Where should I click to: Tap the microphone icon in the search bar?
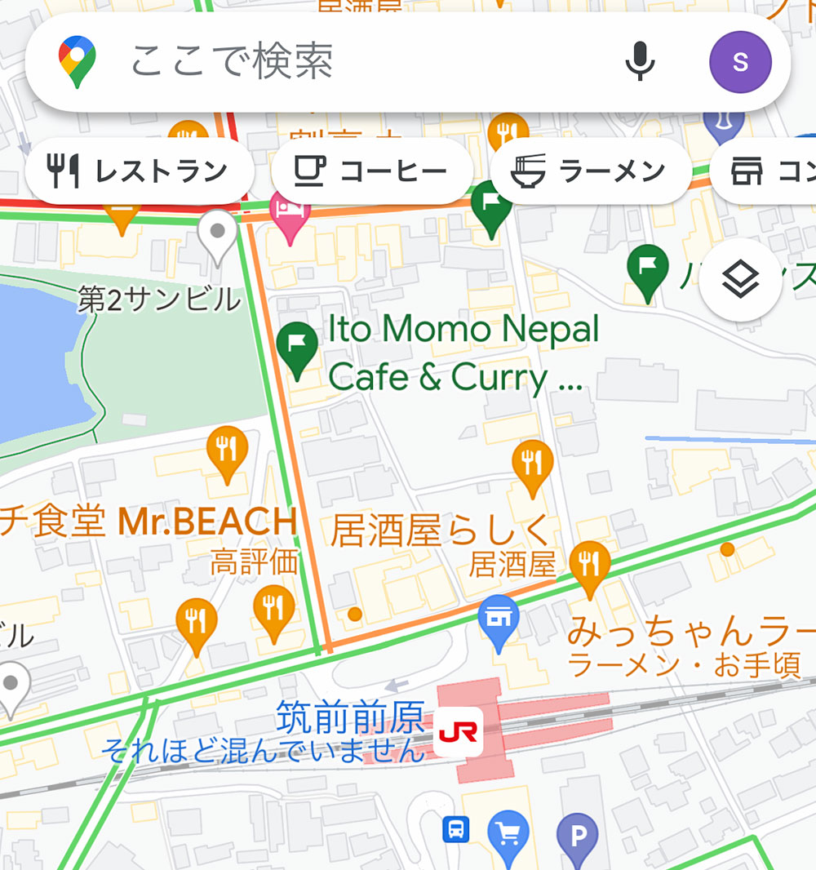(x=640, y=61)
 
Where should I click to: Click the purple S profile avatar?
(x=740, y=62)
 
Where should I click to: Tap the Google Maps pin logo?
(x=77, y=61)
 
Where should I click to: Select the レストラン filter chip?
(x=140, y=171)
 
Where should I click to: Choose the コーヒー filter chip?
(x=372, y=171)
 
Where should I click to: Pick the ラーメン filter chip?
(x=591, y=171)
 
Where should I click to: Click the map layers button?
(x=741, y=281)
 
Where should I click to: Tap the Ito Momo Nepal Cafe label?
(x=463, y=353)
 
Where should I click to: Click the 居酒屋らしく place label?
(x=441, y=530)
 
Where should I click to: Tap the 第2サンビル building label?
(x=159, y=300)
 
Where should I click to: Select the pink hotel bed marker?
(x=290, y=214)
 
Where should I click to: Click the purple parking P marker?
(x=578, y=836)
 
